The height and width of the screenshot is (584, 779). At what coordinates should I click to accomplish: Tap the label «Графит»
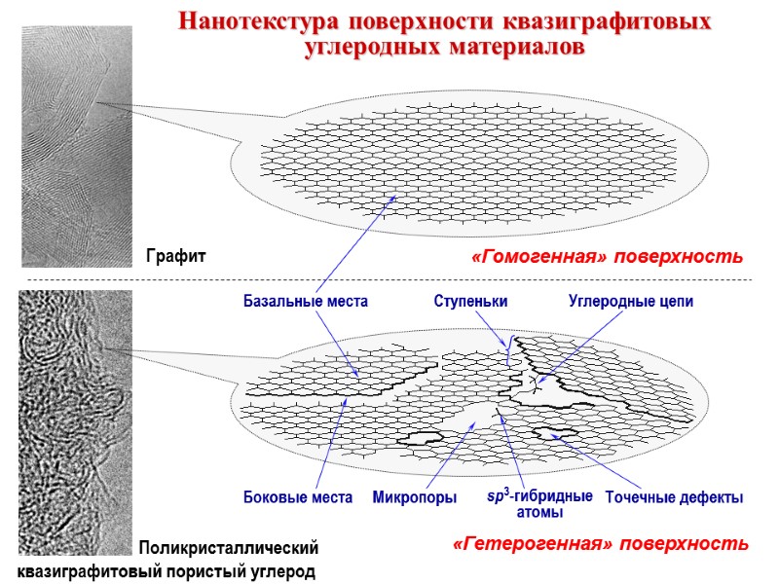tap(176, 256)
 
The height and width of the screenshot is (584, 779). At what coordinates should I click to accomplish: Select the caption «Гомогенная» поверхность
tap(606, 257)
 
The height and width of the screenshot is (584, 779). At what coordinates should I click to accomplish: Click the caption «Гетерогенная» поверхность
tap(601, 542)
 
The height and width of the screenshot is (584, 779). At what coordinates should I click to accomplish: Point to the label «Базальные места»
tap(305, 302)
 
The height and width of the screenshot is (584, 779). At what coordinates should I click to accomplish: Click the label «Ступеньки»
tap(470, 302)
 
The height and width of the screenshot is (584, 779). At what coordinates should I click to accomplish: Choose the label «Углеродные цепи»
tap(630, 302)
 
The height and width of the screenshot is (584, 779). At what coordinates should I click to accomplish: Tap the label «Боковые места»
tap(297, 497)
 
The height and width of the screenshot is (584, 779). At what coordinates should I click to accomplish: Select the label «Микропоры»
tap(415, 497)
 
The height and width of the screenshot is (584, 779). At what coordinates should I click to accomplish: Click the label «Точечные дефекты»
tap(674, 497)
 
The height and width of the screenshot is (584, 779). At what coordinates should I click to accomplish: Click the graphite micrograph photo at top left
tap(77, 146)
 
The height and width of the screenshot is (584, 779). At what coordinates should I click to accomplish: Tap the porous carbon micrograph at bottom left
tap(75, 419)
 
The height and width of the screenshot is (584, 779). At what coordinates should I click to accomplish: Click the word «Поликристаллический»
tap(228, 547)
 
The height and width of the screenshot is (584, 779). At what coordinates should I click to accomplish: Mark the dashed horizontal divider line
tap(389, 280)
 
